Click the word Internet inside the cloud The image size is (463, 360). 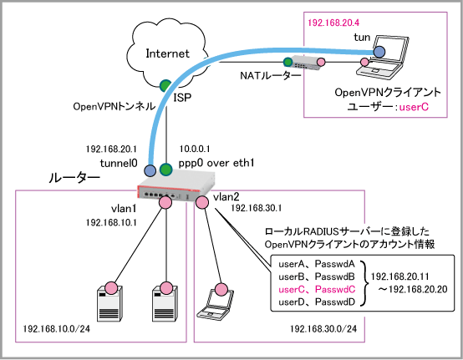[x=167, y=53]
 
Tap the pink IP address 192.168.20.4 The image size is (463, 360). [x=333, y=23]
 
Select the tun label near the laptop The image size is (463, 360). [x=362, y=38]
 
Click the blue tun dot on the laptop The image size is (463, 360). [x=379, y=52]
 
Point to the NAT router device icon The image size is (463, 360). [x=305, y=63]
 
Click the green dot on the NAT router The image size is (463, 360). [x=287, y=62]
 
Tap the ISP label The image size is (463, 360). [x=182, y=98]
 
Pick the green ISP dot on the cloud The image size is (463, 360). [x=165, y=85]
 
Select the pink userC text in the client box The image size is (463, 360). [x=414, y=107]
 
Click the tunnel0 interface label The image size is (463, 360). [x=119, y=163]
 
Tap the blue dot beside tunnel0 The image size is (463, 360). [x=150, y=170]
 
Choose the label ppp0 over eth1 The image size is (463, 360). [x=216, y=163]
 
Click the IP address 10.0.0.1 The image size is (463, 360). [x=195, y=149]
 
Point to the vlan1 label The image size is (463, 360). [x=124, y=209]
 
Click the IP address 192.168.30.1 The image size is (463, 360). [x=257, y=208]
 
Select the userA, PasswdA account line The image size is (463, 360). [x=317, y=264]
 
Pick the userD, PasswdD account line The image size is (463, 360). [x=317, y=302]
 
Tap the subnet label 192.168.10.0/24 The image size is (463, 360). [x=56, y=329]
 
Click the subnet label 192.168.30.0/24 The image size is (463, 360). [x=323, y=329]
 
